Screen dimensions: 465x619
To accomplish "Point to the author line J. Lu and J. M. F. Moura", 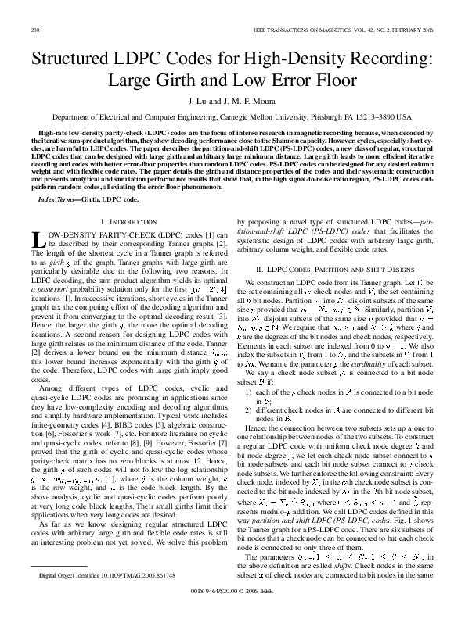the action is coord(232,102).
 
